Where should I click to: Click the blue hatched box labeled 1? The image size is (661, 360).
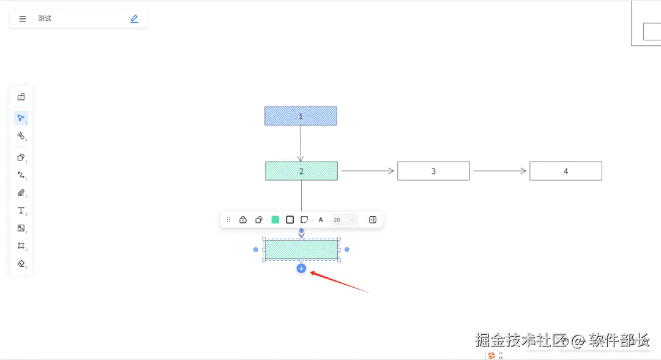click(301, 116)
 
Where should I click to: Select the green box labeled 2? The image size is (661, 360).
click(301, 171)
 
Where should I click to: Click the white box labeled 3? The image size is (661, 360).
click(433, 171)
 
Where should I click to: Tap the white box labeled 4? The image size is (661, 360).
click(566, 171)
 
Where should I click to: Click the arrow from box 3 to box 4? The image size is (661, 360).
click(499, 171)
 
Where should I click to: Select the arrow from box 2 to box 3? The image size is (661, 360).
click(367, 171)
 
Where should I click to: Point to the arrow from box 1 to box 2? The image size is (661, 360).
click(301, 143)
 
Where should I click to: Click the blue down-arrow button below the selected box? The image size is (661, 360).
click(301, 268)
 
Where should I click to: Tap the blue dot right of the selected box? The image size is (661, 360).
click(347, 249)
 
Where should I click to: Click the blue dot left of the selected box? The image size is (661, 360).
click(256, 249)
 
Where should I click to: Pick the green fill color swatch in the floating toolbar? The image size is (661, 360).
click(275, 220)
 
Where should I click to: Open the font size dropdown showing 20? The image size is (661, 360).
click(343, 220)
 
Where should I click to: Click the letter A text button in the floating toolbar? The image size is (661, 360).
click(321, 220)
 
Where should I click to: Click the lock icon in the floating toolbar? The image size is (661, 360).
click(243, 220)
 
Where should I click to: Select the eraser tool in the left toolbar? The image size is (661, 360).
click(21, 263)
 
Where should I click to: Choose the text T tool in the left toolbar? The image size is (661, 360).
click(21, 211)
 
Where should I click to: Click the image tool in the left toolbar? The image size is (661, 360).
click(21, 228)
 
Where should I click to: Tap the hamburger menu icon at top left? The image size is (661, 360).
click(23, 19)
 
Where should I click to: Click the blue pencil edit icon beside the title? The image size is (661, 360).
click(134, 19)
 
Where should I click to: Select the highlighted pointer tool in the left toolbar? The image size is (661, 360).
click(21, 118)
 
